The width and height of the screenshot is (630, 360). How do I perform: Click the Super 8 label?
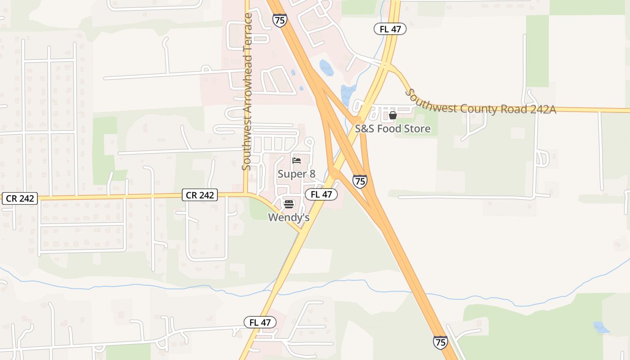point(296,174)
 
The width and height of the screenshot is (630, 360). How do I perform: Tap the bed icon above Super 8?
point(296,160)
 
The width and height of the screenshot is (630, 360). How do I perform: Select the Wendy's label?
point(289,217)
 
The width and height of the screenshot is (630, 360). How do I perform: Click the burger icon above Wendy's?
point(289,204)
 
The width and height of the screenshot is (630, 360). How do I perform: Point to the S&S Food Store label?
point(393,129)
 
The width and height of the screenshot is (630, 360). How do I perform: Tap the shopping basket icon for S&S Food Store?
point(393,116)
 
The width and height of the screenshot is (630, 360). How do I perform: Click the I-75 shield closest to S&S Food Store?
point(360,181)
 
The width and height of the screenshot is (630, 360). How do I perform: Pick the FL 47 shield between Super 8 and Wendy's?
point(321,194)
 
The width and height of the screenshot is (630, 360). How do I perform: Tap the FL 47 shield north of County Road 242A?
point(390,29)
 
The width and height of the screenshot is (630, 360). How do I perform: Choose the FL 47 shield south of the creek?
point(260,322)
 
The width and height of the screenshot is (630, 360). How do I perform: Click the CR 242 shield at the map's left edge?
point(19,198)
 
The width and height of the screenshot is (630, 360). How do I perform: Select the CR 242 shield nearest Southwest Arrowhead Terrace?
point(200,195)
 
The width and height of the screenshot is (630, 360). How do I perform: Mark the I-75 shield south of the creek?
point(441,342)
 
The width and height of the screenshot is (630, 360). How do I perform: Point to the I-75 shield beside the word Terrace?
point(279,20)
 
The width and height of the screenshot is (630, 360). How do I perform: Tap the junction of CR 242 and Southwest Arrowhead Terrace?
point(246,194)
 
